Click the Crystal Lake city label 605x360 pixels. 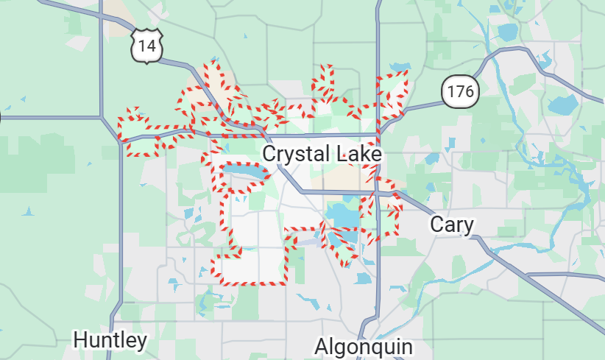click(x=322, y=155)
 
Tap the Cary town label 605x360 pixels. click(x=452, y=225)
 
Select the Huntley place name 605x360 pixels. click(x=110, y=340)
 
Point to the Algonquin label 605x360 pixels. click(x=364, y=347)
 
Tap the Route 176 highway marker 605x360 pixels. click(x=461, y=92)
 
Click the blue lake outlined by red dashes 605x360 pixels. click(x=244, y=173)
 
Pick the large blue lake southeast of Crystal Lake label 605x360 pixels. click(x=339, y=216)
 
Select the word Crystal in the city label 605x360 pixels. click(x=293, y=155)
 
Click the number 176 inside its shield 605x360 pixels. click(x=461, y=92)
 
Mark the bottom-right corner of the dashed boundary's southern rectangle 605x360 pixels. click(x=285, y=282)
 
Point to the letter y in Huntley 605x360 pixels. click(x=141, y=342)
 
